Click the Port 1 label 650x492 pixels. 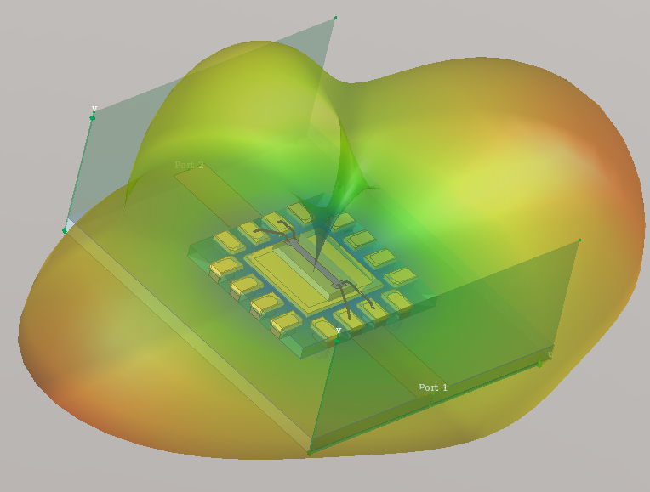coord(432,387)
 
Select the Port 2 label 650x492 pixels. coord(189,165)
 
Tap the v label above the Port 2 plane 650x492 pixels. coord(94,109)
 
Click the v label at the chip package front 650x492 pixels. coord(338,330)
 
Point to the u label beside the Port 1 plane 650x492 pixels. coord(549,354)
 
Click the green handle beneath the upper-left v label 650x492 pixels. coord(92,118)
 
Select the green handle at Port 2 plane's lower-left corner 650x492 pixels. coord(65,230)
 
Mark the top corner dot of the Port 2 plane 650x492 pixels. coord(336,17)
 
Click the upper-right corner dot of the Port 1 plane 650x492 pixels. coord(579,240)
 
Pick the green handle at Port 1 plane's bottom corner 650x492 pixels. coord(309,452)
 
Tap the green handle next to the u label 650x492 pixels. coord(539,364)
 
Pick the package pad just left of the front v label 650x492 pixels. coord(325,327)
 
